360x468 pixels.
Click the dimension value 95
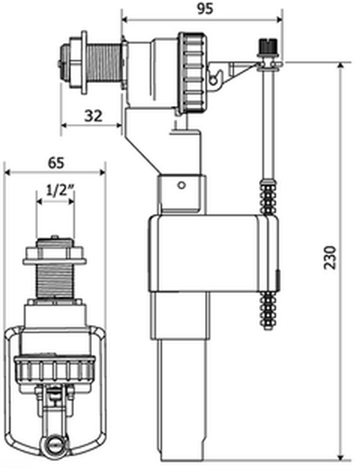click(205, 9)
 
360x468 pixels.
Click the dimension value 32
click(94, 116)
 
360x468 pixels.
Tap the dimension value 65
click(56, 163)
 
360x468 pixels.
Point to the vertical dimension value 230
click(330, 258)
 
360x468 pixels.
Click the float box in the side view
click(213, 253)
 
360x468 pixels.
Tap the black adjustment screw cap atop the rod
click(266, 45)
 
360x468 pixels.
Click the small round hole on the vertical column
click(182, 185)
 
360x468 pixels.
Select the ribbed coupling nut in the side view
click(193, 73)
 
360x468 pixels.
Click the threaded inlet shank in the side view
click(106, 67)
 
